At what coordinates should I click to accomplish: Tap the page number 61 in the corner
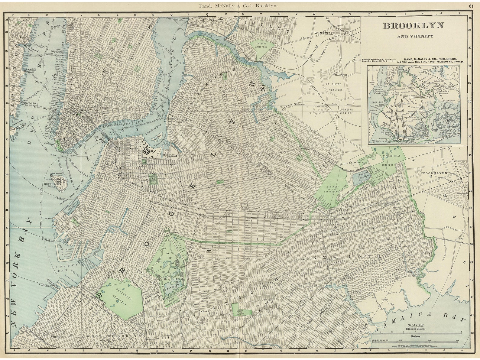click(471, 6)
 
